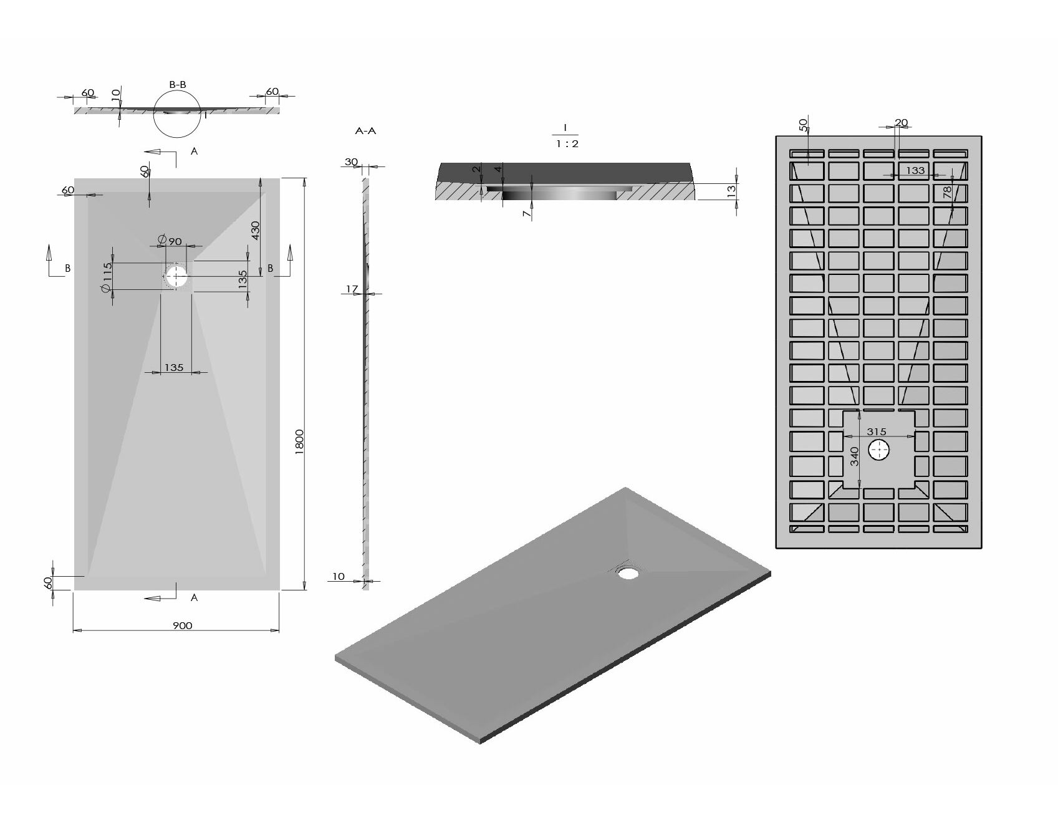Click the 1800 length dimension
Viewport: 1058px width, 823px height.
point(299,443)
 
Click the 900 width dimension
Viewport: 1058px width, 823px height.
point(182,625)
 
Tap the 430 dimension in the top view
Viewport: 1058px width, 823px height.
point(256,231)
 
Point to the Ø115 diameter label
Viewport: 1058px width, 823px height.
point(107,276)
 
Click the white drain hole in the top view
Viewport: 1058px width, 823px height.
point(176,276)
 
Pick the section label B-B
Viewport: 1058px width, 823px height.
point(178,85)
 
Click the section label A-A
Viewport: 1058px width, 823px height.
point(365,132)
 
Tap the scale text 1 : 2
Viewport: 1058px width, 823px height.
point(566,144)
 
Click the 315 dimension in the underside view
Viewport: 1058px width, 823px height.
point(877,431)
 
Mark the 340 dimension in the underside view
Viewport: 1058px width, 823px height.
point(855,456)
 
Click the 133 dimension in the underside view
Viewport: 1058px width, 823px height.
point(915,170)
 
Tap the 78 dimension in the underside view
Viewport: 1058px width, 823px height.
point(948,193)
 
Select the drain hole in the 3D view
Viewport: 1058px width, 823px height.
point(628,572)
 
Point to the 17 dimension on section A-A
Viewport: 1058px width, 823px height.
point(352,289)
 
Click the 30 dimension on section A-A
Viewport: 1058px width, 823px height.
point(352,162)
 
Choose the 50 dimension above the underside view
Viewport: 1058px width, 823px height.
point(803,125)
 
